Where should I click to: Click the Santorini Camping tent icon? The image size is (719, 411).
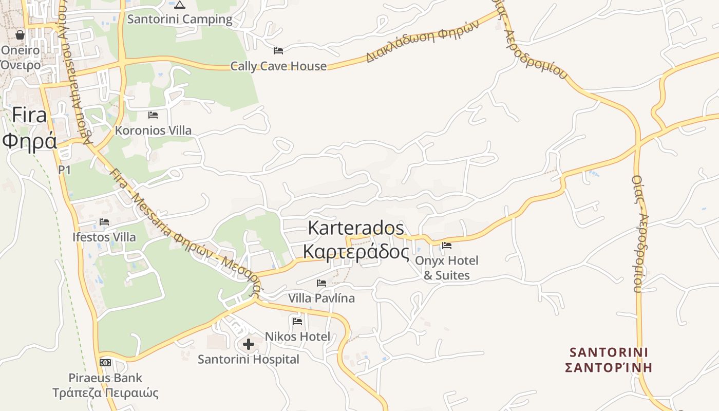(179, 5)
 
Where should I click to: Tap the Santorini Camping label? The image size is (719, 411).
(180, 20)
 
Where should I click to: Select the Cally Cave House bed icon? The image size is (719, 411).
(278, 50)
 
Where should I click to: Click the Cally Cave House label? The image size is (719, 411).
(278, 66)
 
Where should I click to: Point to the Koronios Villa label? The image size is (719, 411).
(153, 130)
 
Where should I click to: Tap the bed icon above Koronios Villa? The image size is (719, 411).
(153, 115)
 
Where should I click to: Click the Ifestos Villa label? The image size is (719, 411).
(104, 237)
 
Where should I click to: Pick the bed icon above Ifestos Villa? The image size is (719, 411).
(104, 222)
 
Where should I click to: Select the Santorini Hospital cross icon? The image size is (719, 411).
(249, 344)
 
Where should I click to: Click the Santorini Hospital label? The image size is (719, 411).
(249, 360)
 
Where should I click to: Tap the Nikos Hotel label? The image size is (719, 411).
(297, 337)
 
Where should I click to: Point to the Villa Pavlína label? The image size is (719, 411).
(321, 298)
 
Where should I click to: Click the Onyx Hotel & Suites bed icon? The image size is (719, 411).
(447, 246)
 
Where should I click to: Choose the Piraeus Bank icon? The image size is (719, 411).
(105, 363)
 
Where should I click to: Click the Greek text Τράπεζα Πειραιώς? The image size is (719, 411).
(105, 394)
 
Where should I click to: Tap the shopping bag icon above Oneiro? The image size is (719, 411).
(20, 35)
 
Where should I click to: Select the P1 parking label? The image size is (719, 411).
(64, 170)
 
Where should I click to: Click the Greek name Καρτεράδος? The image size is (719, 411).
(356, 252)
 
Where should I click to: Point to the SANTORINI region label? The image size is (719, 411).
(609, 352)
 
